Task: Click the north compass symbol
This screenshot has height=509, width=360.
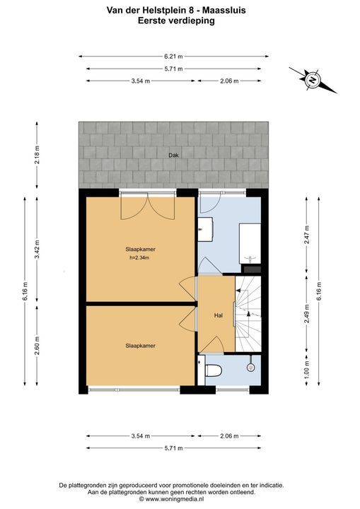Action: (x=313, y=79)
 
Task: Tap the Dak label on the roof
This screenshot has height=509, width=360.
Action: (x=173, y=155)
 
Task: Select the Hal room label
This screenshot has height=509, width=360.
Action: (x=219, y=315)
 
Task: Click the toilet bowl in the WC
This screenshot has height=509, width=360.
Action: (x=214, y=370)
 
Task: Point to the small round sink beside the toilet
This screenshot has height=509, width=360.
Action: (x=251, y=368)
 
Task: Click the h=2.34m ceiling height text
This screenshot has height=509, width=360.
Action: (x=140, y=259)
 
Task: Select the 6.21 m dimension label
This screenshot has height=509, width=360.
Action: (x=173, y=57)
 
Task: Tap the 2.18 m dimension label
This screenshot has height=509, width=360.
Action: (x=37, y=155)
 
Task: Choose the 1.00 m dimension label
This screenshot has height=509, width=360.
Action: (x=307, y=369)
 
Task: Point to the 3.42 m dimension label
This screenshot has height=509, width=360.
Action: (x=37, y=250)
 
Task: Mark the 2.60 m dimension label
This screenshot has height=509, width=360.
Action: (x=37, y=345)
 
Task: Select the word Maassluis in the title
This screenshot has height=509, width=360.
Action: (x=224, y=11)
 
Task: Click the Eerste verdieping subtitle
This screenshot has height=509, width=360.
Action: (x=176, y=21)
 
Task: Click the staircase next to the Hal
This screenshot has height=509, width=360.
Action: (x=248, y=314)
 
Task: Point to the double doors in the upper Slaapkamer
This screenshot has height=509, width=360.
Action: (x=148, y=206)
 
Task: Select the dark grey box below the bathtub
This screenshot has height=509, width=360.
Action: (x=252, y=269)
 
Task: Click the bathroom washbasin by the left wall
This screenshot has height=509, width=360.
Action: (x=205, y=229)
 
